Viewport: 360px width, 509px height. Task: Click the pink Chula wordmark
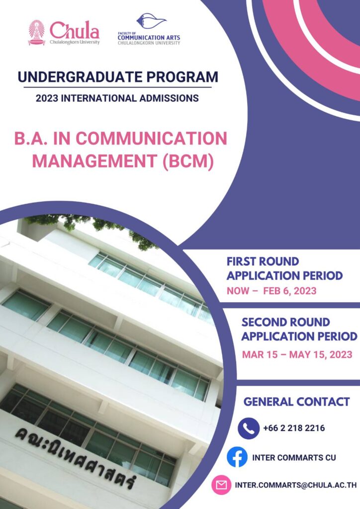pyautogui.click(x=75, y=30)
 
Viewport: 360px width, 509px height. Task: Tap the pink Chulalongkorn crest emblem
pyautogui.click(x=36, y=32)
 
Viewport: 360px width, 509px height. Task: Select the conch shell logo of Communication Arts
pyautogui.click(x=151, y=21)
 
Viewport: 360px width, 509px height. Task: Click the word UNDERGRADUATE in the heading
pyautogui.click(x=80, y=77)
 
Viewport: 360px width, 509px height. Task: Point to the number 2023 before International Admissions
pyautogui.click(x=47, y=98)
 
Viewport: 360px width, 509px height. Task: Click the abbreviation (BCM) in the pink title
pyautogui.click(x=188, y=161)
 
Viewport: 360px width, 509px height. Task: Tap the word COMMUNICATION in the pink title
pyautogui.click(x=151, y=139)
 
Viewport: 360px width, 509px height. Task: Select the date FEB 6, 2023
pyautogui.click(x=289, y=290)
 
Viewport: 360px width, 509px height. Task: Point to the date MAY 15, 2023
pyautogui.click(x=321, y=354)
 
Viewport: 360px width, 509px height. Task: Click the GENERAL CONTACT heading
pyautogui.click(x=296, y=402)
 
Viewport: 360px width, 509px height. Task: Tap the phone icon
pyautogui.click(x=248, y=428)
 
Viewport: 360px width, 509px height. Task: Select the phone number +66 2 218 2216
pyautogui.click(x=294, y=428)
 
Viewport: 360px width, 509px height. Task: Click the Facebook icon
pyautogui.click(x=237, y=457)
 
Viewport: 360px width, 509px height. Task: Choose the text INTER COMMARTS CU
pyautogui.click(x=294, y=458)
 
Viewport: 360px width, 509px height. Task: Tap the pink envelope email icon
pyautogui.click(x=221, y=485)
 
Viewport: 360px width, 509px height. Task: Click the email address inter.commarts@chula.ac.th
pyautogui.click(x=296, y=485)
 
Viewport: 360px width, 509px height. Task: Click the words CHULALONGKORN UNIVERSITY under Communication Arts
pyautogui.click(x=149, y=43)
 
